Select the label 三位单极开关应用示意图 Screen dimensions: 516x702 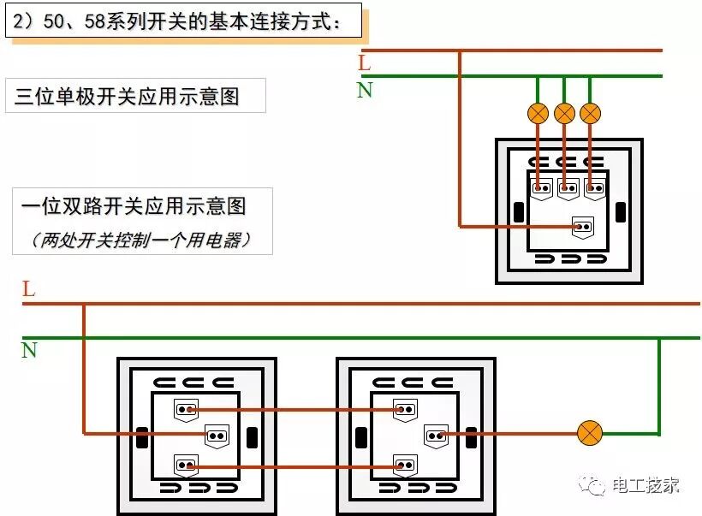(x=135, y=96)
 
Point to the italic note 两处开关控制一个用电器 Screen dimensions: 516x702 (x=141, y=240)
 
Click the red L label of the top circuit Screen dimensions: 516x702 (x=365, y=62)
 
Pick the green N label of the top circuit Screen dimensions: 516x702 (x=365, y=90)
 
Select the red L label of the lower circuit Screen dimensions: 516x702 (x=28, y=289)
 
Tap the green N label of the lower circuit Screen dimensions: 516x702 (x=29, y=350)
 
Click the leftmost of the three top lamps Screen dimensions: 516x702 (x=538, y=113)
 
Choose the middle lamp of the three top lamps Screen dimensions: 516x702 (x=564, y=113)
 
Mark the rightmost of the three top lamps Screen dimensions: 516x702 (x=591, y=113)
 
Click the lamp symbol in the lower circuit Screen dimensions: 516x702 (x=589, y=433)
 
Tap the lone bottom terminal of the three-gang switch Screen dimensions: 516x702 (x=583, y=227)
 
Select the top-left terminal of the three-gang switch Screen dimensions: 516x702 (x=541, y=187)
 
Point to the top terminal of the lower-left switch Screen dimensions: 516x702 (x=186, y=409)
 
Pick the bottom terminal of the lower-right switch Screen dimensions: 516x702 (x=405, y=466)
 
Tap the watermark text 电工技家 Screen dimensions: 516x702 (x=645, y=485)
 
